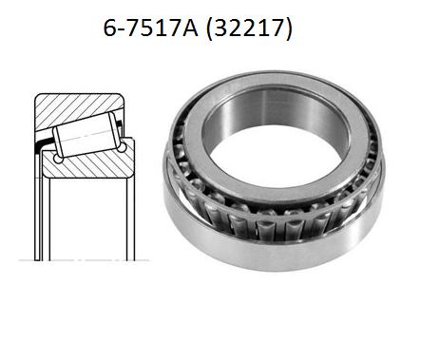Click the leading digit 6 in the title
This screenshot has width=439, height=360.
(x=110, y=28)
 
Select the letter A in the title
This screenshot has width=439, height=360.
(x=189, y=28)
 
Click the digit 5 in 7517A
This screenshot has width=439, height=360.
(x=147, y=28)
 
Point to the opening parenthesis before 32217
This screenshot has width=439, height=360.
(x=209, y=29)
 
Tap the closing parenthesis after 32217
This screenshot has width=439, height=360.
(x=288, y=29)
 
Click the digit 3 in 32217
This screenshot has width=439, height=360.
(x=220, y=28)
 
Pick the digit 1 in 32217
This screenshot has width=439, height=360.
(x=264, y=28)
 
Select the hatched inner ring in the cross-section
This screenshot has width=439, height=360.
(x=87, y=166)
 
